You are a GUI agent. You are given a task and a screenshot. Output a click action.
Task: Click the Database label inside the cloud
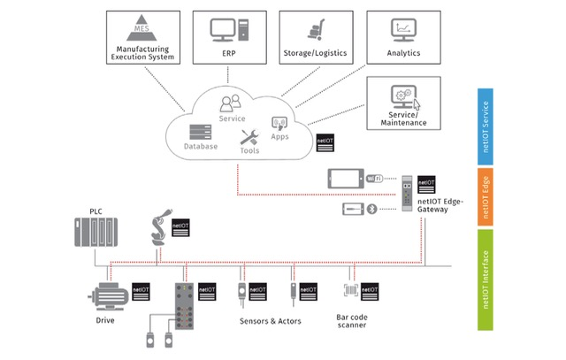click(201, 146)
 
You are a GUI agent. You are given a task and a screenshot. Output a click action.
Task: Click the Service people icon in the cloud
click(233, 104)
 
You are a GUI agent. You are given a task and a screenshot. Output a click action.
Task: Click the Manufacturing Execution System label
click(145, 54)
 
